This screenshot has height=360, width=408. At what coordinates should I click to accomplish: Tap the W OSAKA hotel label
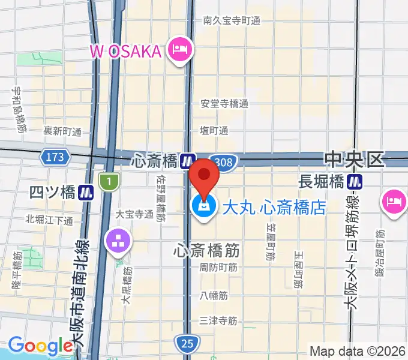126,51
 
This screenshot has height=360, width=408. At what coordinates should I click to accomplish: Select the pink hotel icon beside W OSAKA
179,49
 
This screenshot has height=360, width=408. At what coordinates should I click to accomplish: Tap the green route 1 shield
109,180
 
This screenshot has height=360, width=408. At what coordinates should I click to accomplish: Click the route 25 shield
187,343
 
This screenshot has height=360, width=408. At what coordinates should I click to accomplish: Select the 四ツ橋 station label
52,192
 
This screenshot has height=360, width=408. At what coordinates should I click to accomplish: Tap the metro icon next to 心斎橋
188,161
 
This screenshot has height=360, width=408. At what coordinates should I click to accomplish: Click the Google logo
40,346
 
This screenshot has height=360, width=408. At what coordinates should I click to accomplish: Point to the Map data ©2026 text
357,351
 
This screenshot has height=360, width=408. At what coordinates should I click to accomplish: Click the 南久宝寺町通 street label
232,20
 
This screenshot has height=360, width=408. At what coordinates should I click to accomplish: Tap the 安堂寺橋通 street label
224,103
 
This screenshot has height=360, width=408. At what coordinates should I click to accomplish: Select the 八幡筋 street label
214,295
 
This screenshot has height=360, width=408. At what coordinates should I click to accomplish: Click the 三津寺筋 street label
218,320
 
